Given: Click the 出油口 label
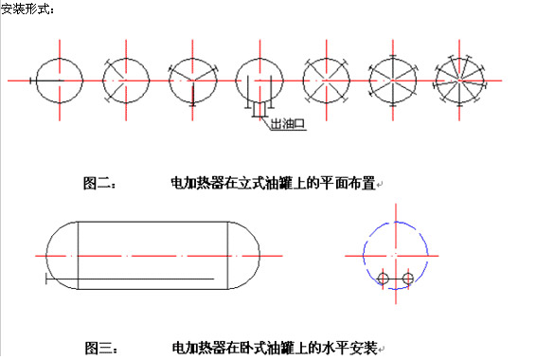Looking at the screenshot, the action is point(287,124).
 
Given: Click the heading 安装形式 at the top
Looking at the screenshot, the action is point(27,9).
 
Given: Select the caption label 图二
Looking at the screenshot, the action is point(98,184).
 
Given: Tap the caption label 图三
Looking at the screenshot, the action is point(100,348).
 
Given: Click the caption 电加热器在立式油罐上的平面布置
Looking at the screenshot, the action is point(273,183).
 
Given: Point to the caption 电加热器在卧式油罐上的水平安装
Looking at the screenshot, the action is point(275,348).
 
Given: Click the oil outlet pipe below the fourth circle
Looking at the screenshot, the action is point(259,109).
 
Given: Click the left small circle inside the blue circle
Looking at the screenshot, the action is point(379,279).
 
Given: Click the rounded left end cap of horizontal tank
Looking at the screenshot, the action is point(47,256).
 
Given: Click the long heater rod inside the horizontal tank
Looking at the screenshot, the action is point(130,279).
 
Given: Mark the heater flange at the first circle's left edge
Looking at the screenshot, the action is point(30,81).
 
